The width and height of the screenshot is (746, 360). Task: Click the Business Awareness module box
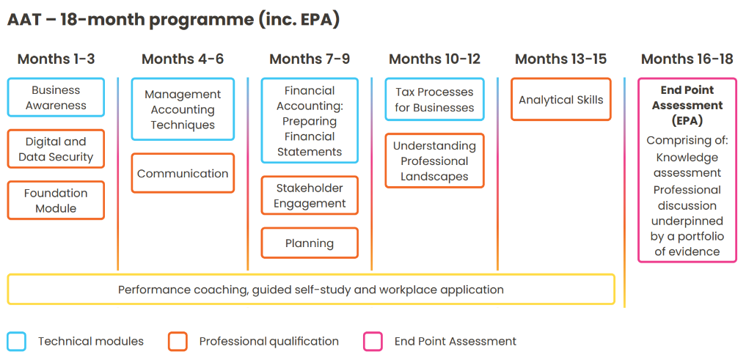point(56,98)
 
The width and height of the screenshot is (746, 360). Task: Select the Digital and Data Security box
point(56,149)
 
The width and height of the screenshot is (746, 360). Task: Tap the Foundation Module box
point(56,200)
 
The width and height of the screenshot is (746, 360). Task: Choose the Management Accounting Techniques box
point(183,109)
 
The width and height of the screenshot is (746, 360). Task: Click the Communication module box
point(183,173)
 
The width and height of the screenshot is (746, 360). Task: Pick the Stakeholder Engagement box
point(310,196)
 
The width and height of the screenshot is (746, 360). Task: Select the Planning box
point(310,243)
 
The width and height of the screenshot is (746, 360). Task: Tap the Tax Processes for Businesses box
point(434,100)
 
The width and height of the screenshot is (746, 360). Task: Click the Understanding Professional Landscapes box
point(434,161)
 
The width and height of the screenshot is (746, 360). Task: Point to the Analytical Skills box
point(561,100)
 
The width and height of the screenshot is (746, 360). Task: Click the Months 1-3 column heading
point(56,59)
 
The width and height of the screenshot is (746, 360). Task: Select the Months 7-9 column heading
point(310,59)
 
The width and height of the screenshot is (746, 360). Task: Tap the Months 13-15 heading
point(561,59)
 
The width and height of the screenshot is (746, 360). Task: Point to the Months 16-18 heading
point(687,59)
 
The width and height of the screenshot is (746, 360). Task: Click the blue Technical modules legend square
point(16,342)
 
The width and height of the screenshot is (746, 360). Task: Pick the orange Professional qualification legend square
point(178,342)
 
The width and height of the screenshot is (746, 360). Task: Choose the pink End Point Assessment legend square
point(373,342)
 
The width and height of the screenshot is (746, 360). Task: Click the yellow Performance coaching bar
point(311,289)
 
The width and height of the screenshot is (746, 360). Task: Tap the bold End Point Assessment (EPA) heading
point(687,105)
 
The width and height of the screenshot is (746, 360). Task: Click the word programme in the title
point(202,21)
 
